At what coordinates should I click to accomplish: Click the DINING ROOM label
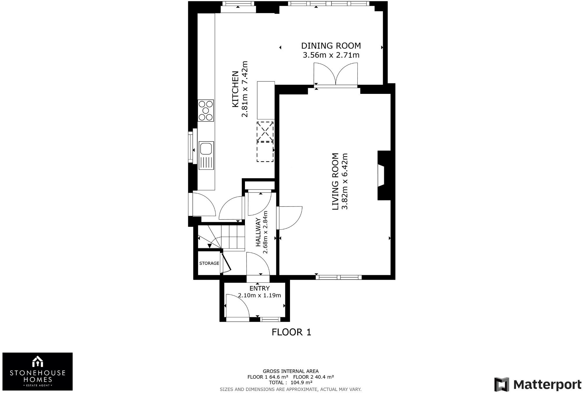pyautogui.click(x=331, y=46)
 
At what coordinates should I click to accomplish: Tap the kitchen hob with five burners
pyautogui.click(x=206, y=111)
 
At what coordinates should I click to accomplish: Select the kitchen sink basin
pyautogui.click(x=206, y=148)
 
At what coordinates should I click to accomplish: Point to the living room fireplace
pyautogui.click(x=384, y=175)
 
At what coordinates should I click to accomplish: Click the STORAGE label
pyautogui.click(x=209, y=263)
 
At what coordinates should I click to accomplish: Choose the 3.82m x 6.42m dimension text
pyautogui.click(x=345, y=181)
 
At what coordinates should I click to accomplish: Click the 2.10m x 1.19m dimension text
pyautogui.click(x=259, y=295)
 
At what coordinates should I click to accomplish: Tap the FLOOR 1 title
pyautogui.click(x=291, y=332)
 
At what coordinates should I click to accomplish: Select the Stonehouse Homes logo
pyautogui.click(x=37, y=371)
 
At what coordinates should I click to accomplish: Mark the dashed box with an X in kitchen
pyautogui.click(x=265, y=132)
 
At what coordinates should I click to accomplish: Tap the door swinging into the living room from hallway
pyautogui.click(x=290, y=218)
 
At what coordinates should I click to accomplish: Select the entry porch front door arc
pyautogui.click(x=237, y=306)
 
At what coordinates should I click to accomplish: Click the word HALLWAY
pyautogui.click(x=258, y=232)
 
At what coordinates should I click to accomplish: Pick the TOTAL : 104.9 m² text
pyautogui.click(x=291, y=382)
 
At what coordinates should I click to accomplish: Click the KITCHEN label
pyautogui.click(x=235, y=89)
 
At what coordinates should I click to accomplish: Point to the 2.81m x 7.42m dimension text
pyautogui.click(x=244, y=89)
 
